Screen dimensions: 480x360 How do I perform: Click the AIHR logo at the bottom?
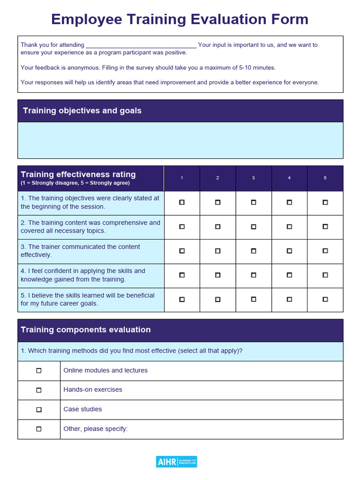click(x=176, y=462)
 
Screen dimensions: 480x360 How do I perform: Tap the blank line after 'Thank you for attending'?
click(x=141, y=45)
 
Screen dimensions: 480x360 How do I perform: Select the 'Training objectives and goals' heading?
click(x=82, y=111)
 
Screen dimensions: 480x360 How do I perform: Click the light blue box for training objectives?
click(x=180, y=140)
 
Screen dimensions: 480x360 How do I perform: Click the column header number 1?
click(x=182, y=178)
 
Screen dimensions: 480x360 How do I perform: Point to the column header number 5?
click(x=325, y=178)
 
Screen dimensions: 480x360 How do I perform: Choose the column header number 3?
click(x=253, y=178)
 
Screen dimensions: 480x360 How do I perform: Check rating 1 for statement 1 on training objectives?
click(x=182, y=202)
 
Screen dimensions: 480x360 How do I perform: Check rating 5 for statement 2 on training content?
click(x=325, y=227)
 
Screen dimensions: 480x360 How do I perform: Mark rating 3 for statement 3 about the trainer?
click(x=253, y=251)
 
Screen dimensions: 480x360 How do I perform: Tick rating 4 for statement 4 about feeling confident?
click(x=289, y=275)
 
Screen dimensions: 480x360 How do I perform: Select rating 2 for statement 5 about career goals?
click(x=217, y=299)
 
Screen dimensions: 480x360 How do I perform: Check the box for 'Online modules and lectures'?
click(x=39, y=371)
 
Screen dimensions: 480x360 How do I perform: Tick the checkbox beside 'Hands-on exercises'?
click(x=39, y=390)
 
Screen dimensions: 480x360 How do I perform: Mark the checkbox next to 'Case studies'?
click(x=39, y=410)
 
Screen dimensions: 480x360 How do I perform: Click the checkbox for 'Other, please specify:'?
click(x=39, y=429)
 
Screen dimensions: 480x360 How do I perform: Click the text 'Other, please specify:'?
click(x=95, y=429)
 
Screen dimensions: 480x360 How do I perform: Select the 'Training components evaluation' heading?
click(x=86, y=330)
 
